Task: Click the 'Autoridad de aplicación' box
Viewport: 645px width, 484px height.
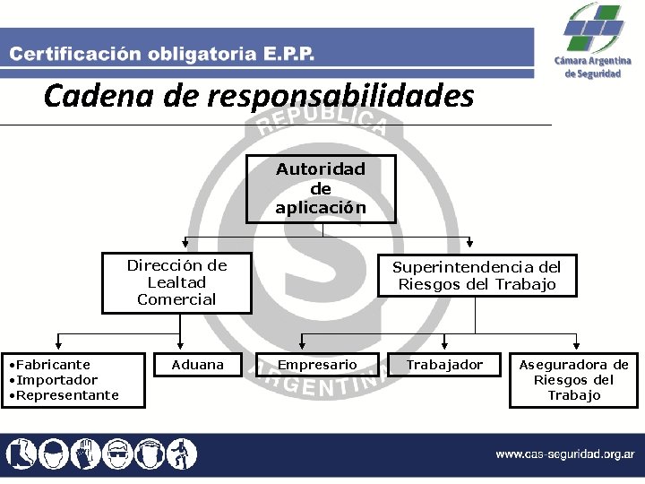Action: (321, 188)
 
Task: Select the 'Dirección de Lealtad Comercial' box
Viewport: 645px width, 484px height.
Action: (176, 282)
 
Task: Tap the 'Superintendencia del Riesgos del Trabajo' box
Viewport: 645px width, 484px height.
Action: (476, 276)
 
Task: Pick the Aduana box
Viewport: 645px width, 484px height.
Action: (197, 364)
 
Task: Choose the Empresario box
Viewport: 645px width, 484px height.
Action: (316, 364)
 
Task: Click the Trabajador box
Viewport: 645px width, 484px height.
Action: (443, 364)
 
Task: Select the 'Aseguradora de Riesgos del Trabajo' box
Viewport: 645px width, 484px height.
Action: (573, 379)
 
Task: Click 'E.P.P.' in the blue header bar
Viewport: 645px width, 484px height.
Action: (289, 55)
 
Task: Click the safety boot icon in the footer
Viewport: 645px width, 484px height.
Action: (20, 454)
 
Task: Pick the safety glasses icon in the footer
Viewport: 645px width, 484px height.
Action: (118, 454)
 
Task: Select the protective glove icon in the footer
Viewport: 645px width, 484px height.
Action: (86, 454)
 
